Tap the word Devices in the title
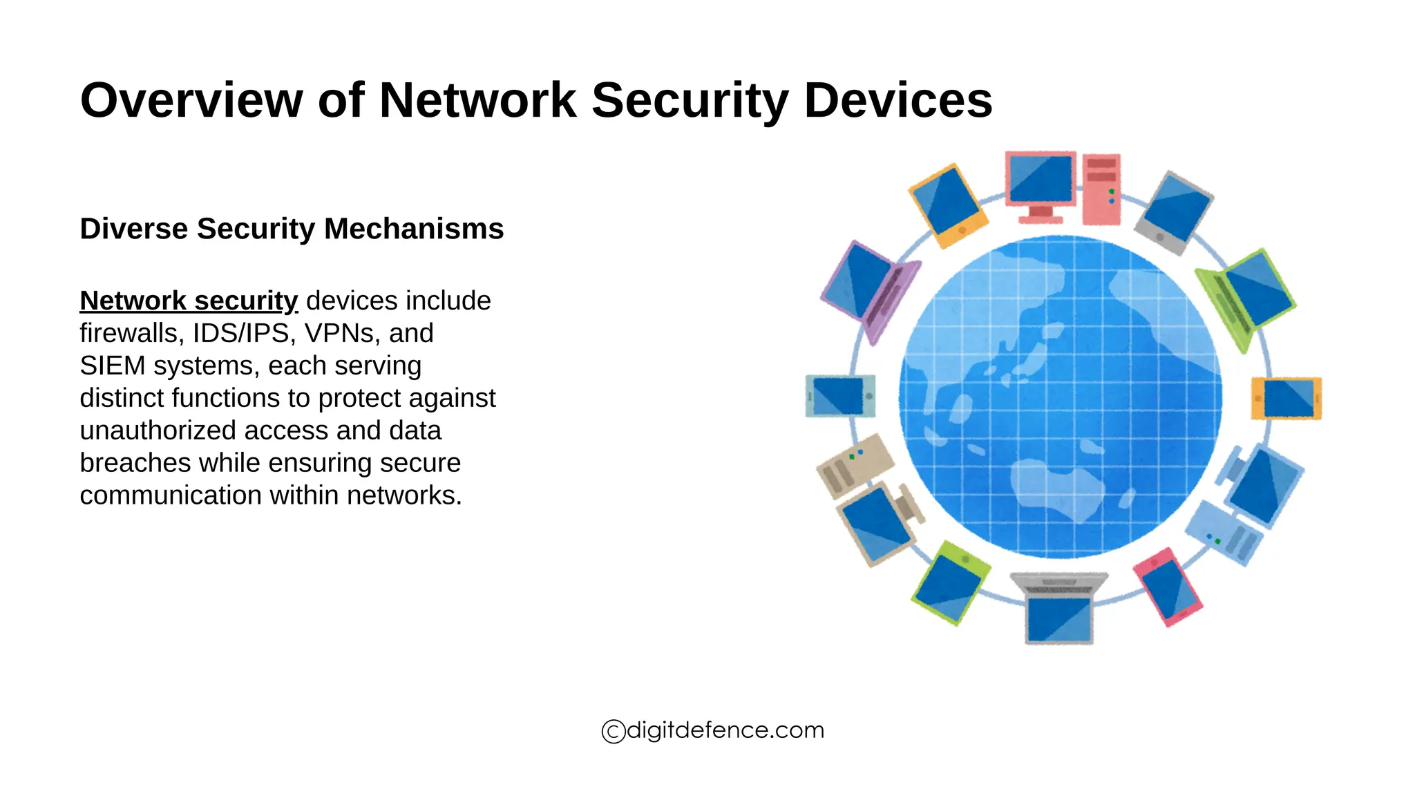898,101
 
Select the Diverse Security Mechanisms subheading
292,229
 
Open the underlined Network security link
189,301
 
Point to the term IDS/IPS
240,334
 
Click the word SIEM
112,366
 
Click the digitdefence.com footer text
725,730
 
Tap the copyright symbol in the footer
613,731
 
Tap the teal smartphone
840,396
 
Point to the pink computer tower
1101,189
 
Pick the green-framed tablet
951,582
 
